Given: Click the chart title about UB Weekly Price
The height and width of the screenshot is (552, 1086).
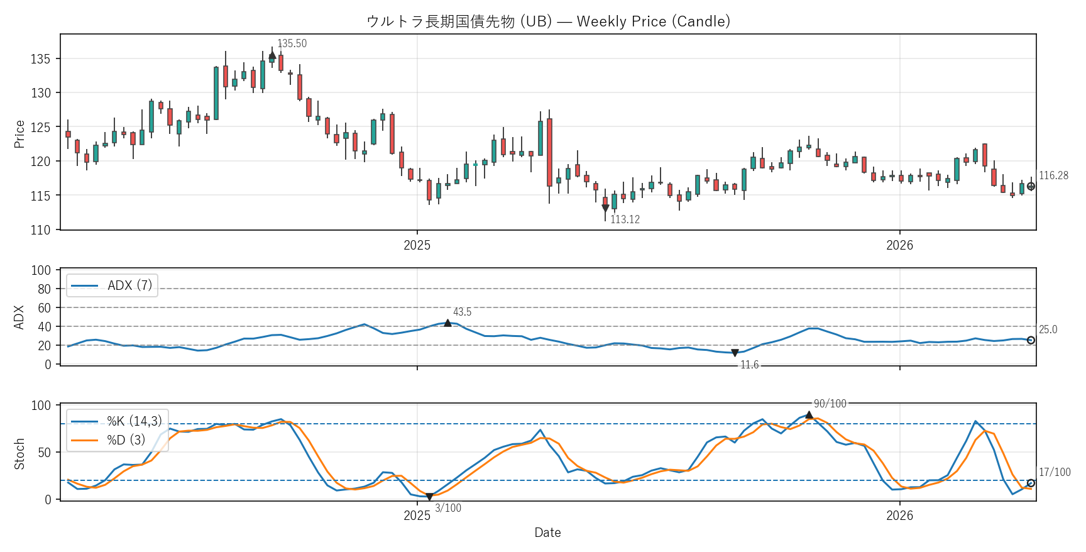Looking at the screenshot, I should coord(548,21).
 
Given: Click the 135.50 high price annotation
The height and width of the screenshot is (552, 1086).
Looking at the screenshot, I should coord(292,43).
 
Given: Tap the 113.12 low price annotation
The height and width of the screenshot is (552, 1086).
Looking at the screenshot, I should coord(625,219).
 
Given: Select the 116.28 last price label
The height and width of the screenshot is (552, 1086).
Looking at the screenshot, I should coord(1053,175).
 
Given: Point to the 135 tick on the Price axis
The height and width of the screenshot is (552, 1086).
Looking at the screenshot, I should coord(40,59).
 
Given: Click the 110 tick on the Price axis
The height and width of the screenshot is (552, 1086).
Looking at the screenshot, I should coord(40,230).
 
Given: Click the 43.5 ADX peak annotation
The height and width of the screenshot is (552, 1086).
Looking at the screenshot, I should coord(462,312).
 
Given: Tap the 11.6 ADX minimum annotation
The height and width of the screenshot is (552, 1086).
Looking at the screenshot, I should coord(749,365).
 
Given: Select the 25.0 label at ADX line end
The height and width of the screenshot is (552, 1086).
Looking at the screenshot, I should coord(1048,329).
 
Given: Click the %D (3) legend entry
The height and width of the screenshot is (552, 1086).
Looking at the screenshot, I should coord(126,440).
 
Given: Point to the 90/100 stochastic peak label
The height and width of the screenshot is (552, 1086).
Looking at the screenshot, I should coord(830,404).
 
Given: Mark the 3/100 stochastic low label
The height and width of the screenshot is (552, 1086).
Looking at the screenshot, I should coord(448,508).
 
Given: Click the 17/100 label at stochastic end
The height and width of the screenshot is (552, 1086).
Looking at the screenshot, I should coord(1055,472).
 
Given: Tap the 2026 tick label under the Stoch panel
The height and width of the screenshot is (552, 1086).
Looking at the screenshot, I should coord(899,516).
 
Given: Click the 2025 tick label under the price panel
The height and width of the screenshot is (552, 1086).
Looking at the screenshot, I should coord(417,245).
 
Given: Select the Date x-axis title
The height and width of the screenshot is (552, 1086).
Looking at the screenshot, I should coord(547,533).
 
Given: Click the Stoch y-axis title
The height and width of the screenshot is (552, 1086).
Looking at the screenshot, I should coord(19,453).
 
